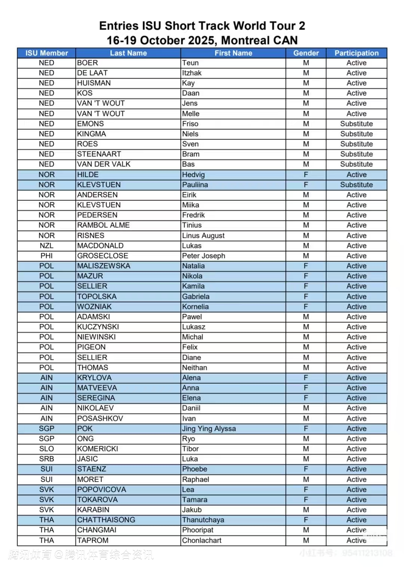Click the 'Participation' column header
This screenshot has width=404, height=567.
tap(356, 53)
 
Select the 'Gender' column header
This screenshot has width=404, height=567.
tap(306, 53)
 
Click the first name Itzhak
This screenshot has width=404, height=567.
tap(192, 73)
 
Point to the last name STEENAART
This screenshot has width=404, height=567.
tap(99, 154)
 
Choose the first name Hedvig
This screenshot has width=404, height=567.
tap(193, 175)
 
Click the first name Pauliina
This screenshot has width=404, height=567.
tap(195, 185)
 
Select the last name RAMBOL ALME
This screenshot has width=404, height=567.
tap(103, 225)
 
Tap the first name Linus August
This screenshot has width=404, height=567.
tap(203, 236)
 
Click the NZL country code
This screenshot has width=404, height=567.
tap(46, 246)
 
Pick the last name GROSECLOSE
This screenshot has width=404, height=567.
tap(102, 256)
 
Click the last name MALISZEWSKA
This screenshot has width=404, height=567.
tap(104, 266)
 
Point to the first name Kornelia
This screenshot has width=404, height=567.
tap(195, 307)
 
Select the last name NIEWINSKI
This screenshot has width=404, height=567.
tap(97, 337)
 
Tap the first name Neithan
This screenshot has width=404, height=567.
tap(195, 368)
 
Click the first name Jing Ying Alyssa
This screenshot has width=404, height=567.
tap(209, 429)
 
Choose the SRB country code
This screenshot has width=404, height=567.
tap(46, 459)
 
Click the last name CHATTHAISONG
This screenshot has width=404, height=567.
tap(106, 520)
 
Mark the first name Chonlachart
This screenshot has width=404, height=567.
tap(202, 540)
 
